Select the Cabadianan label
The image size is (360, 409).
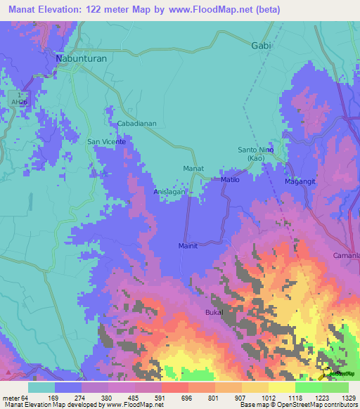[136, 123]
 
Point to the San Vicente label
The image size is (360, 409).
[106, 141]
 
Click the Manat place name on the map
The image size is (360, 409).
[193, 169]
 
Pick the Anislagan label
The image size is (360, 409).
[171, 191]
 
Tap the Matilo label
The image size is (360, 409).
[231, 180]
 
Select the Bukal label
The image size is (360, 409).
[214, 311]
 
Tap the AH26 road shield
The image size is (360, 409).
[19, 101]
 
